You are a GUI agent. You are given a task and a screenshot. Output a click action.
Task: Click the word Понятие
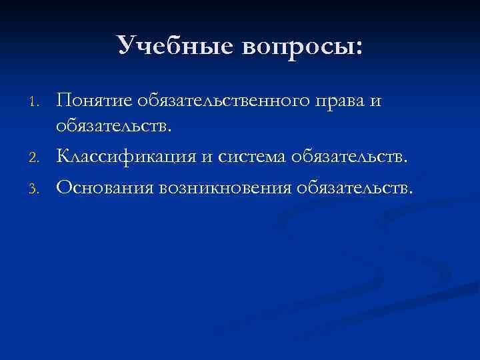pyautogui.click(x=95, y=100)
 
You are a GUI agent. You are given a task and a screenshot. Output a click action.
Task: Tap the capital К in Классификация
pyautogui.click(x=63, y=156)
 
